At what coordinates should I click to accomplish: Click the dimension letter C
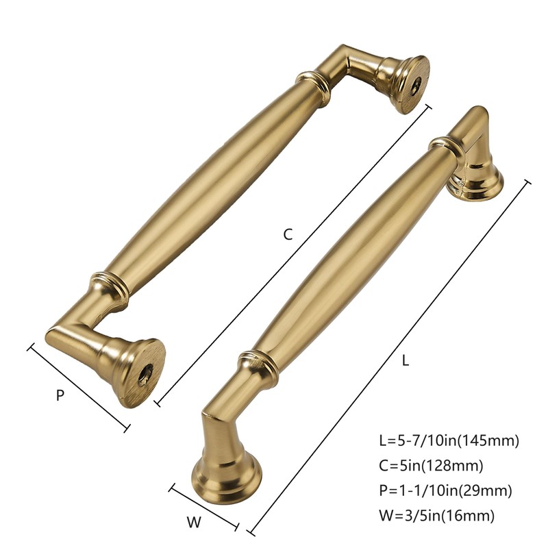(x=288, y=234)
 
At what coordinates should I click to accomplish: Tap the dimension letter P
(x=60, y=395)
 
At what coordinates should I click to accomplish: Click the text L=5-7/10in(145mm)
(x=449, y=440)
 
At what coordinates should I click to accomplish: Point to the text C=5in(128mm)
(x=431, y=466)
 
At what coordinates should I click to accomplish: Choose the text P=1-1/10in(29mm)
(x=445, y=490)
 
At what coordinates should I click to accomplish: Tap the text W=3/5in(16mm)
(x=436, y=515)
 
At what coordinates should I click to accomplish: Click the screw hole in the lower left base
(x=146, y=373)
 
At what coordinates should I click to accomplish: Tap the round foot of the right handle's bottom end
(x=227, y=472)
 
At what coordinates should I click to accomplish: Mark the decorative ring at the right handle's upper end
(x=445, y=146)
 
